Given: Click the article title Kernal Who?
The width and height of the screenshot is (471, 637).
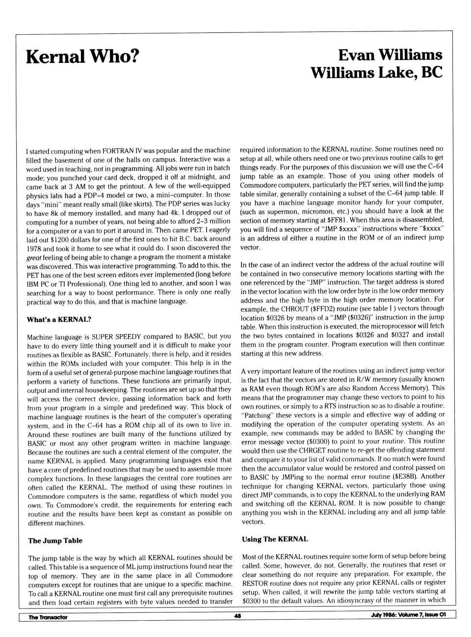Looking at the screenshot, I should point(82,57).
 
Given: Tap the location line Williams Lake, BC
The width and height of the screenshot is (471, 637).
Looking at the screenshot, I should point(376,73).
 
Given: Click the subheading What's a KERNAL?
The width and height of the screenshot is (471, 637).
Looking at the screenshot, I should point(59,319).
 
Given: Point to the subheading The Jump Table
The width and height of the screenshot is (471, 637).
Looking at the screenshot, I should point(55,540).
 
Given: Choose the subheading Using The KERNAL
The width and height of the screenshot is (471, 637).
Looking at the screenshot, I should point(275,539).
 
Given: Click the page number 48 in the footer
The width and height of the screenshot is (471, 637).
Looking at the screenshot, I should point(237,616).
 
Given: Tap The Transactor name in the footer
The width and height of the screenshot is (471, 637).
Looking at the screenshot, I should point(48,617).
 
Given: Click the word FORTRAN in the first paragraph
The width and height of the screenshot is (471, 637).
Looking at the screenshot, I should point(116,150).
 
